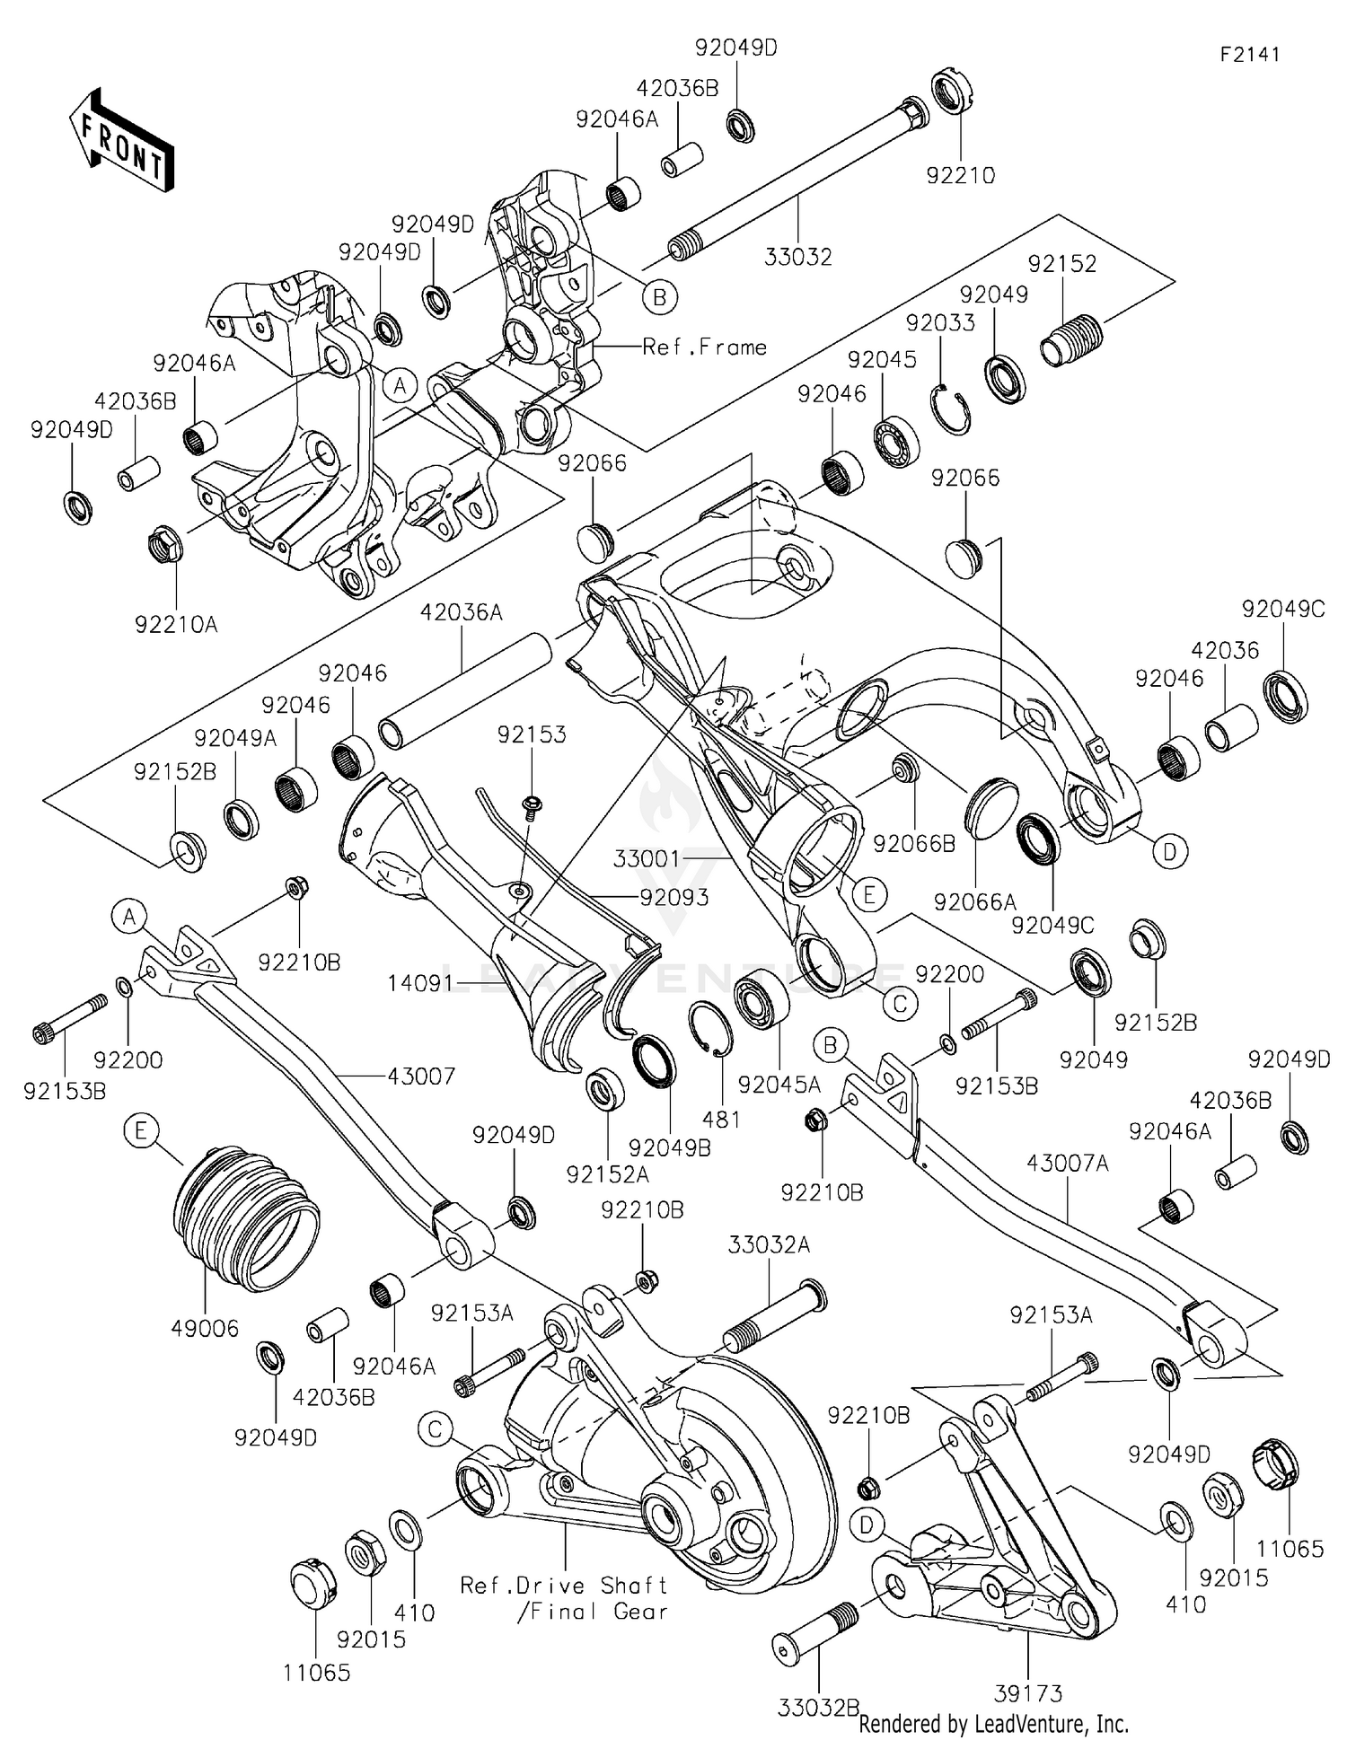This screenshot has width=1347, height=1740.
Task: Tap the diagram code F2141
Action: [x=1249, y=54]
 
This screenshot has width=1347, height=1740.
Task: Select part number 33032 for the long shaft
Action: [x=797, y=257]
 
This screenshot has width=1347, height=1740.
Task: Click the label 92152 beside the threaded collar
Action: [x=1062, y=264]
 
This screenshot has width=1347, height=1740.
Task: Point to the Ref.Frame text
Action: [x=704, y=347]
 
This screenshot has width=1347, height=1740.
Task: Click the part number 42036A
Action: [x=461, y=612]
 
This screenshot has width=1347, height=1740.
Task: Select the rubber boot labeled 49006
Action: [x=244, y=1221]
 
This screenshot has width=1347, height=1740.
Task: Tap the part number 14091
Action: [x=420, y=984]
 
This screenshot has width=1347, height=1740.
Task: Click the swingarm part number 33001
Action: [x=647, y=859]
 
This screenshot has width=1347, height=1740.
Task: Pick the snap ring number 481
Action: [x=721, y=1119]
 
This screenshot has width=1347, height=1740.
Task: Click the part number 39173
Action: [x=1028, y=1693]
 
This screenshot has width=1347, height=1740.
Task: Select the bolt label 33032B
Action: [x=818, y=1707]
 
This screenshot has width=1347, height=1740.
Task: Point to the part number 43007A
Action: [x=1068, y=1164]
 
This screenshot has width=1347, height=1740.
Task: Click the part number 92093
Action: [x=673, y=897]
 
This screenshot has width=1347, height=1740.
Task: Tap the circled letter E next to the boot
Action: [x=141, y=1130]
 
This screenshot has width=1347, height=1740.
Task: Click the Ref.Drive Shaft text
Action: [x=563, y=1586]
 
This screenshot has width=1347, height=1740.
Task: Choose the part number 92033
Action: [x=939, y=323]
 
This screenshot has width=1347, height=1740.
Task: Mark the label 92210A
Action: [x=176, y=624]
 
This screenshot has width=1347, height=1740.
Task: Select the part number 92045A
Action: [x=779, y=1085]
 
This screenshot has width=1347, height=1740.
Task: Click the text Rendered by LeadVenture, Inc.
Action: [x=993, y=1724]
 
